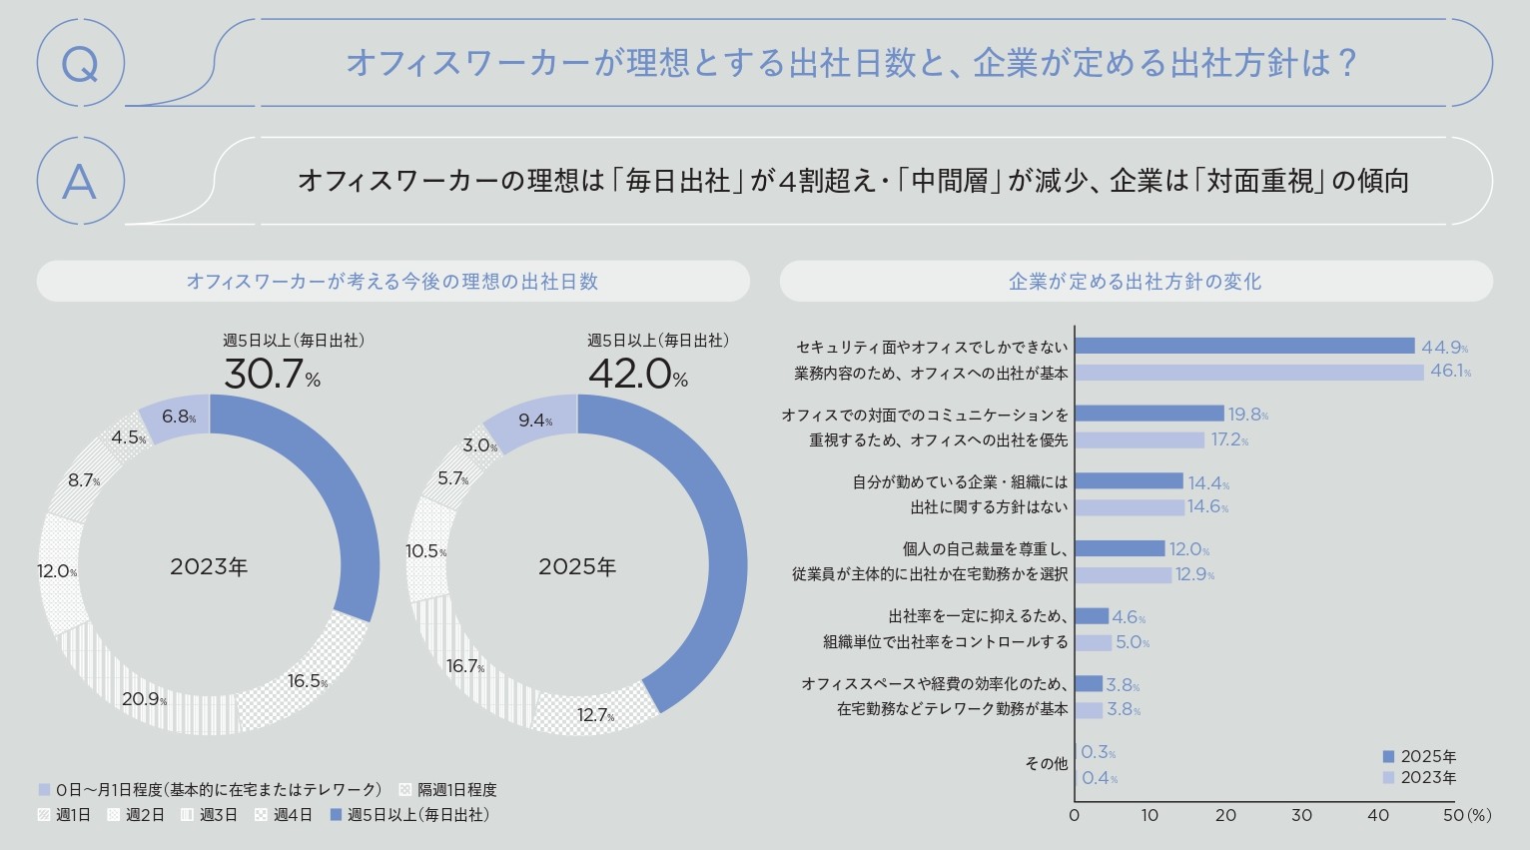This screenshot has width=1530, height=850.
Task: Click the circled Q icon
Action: point(80,64)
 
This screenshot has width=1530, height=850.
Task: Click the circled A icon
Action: point(80,182)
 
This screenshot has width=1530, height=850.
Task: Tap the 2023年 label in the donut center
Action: point(209,567)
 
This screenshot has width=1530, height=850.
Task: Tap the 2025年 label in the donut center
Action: point(577,567)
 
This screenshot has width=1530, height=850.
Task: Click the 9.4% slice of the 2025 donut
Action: point(536,420)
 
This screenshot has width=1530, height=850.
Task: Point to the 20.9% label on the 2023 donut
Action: point(144,699)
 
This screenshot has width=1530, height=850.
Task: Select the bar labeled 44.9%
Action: point(1244,347)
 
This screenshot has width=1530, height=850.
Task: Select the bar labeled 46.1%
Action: point(1249,373)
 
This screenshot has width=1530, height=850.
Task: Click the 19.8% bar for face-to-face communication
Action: point(1149,414)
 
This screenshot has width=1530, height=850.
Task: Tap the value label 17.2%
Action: point(1229,440)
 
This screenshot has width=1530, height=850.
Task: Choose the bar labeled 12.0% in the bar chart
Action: point(1120,548)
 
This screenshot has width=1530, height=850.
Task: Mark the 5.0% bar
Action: point(1093,642)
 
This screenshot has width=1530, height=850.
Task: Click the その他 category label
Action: point(1046,764)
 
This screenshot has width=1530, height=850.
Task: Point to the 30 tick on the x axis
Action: point(1301,815)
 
